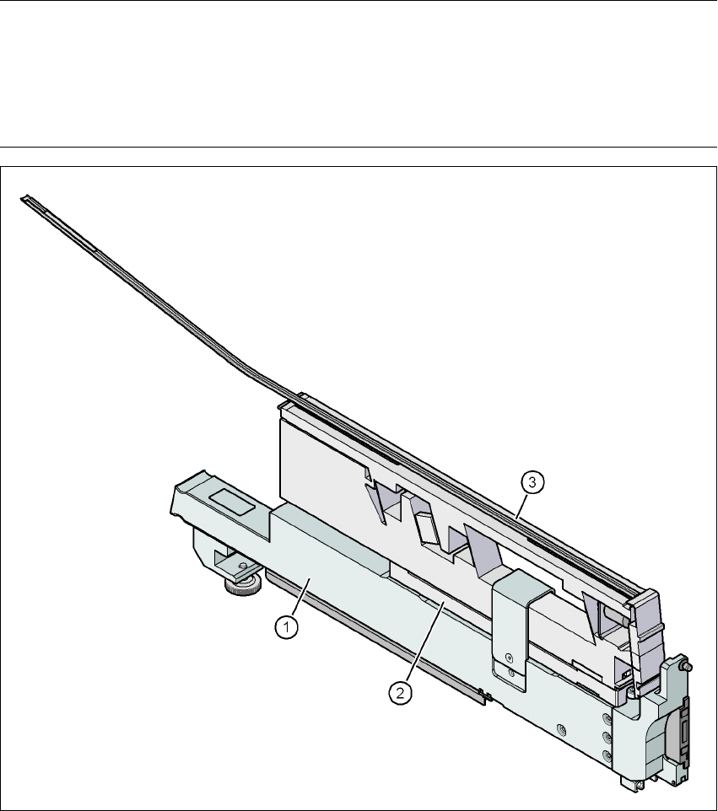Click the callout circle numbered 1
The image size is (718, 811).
point(286,627)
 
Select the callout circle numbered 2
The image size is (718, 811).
point(401,693)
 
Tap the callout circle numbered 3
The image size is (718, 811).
point(532,482)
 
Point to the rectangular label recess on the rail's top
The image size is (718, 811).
point(232,502)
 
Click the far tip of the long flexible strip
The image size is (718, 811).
point(22,197)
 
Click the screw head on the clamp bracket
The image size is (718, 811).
point(510,658)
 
